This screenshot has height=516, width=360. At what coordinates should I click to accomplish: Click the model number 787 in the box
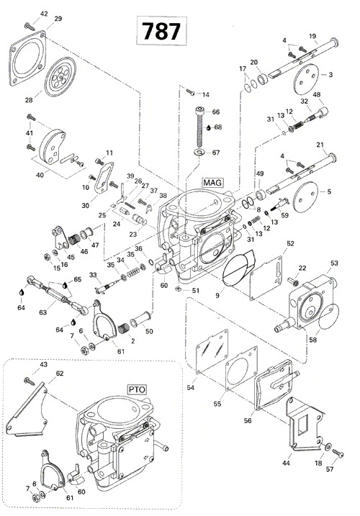161,32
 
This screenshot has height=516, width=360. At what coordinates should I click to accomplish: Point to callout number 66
215,112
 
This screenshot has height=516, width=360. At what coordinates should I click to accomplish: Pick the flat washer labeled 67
198,153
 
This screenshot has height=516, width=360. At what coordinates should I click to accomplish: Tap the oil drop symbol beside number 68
207,127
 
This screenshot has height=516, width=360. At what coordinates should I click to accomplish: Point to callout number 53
334,263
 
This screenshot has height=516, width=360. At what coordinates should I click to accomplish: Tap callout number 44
289,457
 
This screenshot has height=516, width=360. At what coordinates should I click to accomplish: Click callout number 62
60,373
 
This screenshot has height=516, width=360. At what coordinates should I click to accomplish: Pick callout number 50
149,331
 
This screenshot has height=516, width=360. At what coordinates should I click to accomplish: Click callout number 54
190,389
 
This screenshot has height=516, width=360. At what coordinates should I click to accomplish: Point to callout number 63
42,312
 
